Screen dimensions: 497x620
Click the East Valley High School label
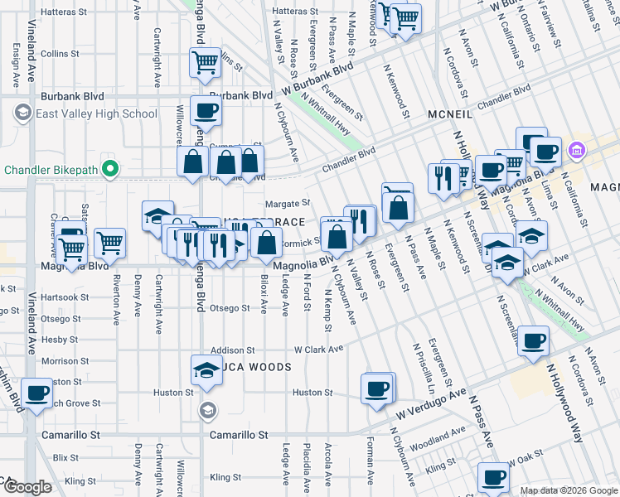tap(95, 113)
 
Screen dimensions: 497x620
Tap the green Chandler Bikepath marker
tap(108, 171)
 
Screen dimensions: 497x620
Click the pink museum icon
tap(577, 151)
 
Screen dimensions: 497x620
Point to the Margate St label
tap(287, 203)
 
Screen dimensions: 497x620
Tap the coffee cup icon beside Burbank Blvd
tap(206, 111)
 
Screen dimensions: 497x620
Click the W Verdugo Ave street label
tap(431, 403)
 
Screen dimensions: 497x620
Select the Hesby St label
tap(60, 340)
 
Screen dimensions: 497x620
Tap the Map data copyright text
tap(568, 490)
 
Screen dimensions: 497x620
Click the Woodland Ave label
tap(430, 444)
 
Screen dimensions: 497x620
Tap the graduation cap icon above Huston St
tap(206, 370)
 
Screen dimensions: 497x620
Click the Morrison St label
tap(60, 361)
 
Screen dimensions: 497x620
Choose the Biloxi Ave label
tap(264, 295)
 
